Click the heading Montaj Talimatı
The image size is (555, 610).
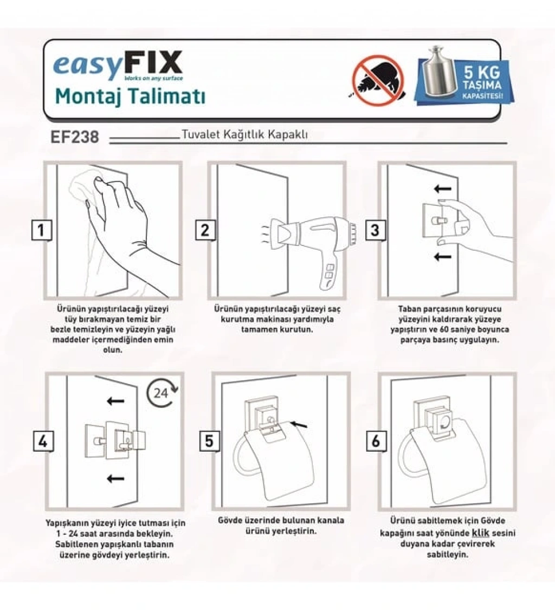click(130, 96)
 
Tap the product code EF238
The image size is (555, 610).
click(75, 137)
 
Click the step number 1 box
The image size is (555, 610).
click(41, 230)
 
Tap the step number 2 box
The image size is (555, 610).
click(205, 230)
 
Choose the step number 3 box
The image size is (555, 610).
click(375, 230)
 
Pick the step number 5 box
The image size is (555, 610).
click(209, 441)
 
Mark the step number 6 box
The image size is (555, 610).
click(376, 441)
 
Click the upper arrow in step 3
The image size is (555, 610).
click(442, 189)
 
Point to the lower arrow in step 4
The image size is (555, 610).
click(115, 478)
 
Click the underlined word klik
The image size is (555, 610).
click(480, 533)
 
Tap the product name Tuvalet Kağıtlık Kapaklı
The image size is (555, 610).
click(245, 134)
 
